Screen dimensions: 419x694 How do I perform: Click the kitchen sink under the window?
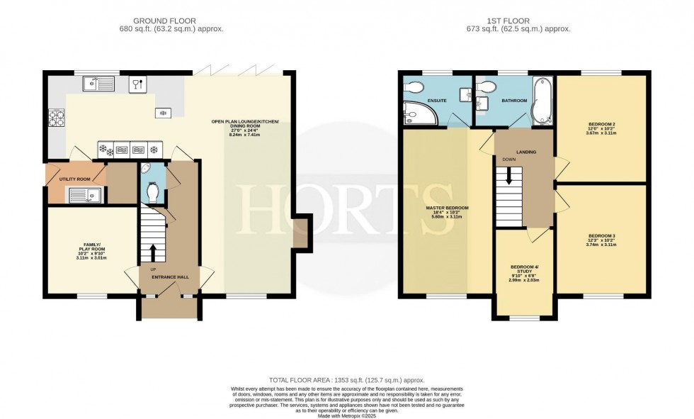pos(98,84)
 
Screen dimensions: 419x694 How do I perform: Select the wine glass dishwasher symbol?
pos(137,84)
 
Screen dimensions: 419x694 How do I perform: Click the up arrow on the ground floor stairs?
pos(152,252)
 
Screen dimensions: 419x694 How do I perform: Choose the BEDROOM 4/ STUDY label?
pos(525,271)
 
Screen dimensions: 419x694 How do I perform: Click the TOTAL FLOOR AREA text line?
pos(346,380)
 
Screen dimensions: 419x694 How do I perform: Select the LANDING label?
pos(525,152)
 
